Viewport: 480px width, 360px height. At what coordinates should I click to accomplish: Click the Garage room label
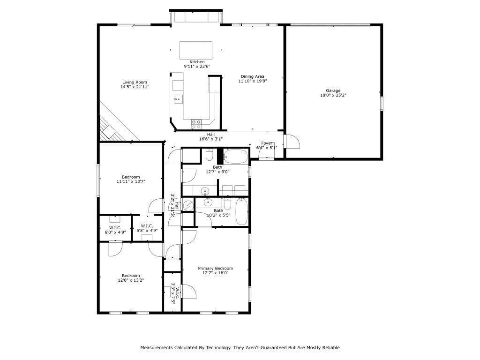(333, 90)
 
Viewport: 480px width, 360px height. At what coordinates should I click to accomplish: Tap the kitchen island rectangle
(196, 50)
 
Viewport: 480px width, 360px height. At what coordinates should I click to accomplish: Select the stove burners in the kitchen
(196, 124)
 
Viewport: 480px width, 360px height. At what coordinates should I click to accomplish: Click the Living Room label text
(135, 82)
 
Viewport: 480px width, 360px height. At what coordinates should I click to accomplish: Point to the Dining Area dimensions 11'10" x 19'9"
(253, 81)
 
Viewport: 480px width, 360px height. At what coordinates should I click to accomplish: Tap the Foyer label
(267, 143)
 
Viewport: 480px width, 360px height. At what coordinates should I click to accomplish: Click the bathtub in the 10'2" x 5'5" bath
(242, 211)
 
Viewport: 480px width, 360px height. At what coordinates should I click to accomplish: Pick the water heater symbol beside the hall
(188, 205)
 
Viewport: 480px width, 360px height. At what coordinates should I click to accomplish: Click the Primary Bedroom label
(215, 268)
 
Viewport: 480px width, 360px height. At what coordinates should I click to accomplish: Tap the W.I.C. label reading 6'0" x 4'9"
(114, 227)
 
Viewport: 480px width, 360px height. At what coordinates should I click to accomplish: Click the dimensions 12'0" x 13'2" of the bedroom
(131, 280)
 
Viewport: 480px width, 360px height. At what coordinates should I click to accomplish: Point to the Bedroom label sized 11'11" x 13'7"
(131, 177)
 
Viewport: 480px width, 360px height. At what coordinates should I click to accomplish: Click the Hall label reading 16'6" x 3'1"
(211, 134)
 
